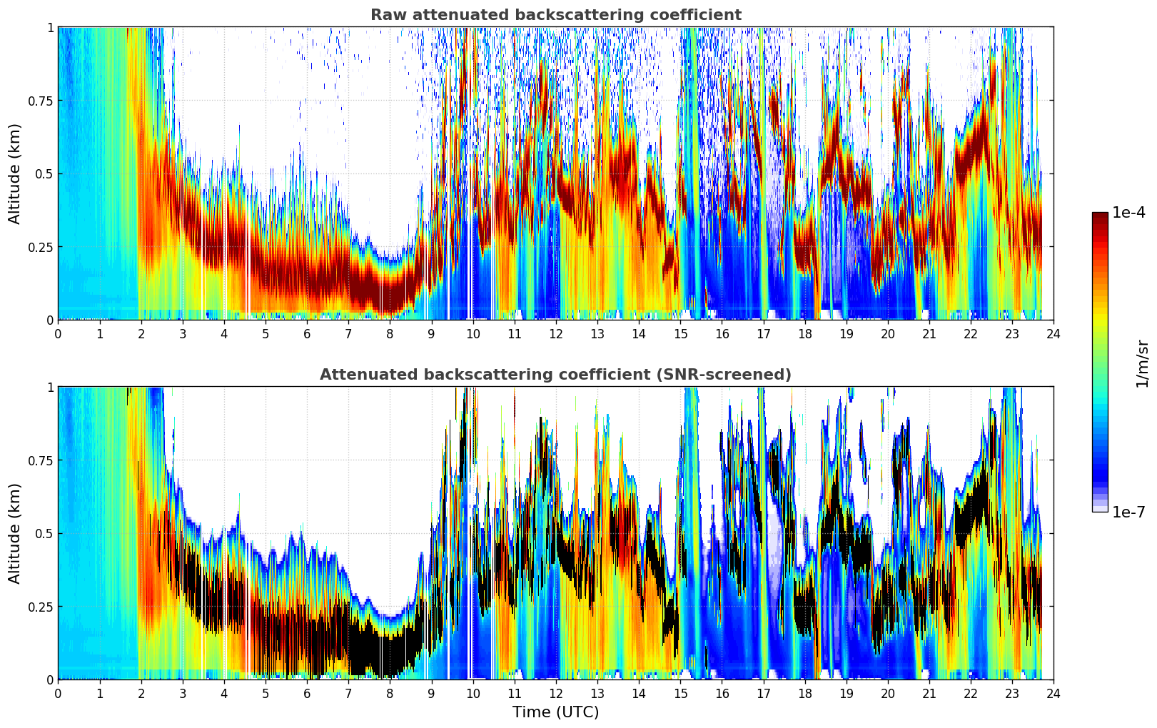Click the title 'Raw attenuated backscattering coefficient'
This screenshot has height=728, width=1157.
tap(555, 15)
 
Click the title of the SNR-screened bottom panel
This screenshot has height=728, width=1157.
tap(555, 375)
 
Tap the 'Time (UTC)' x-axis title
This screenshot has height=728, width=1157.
tap(555, 712)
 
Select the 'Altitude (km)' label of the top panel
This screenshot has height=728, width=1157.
tap(15, 173)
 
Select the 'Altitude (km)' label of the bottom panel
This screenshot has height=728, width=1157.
tap(15, 533)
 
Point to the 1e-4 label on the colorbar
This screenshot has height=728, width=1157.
tap(1128, 213)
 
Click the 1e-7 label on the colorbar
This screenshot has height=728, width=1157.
tap(1128, 512)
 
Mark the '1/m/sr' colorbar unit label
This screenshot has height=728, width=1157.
tap(1142, 363)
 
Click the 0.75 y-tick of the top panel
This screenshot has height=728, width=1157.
tap(40, 101)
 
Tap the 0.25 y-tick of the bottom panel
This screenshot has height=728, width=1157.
tap(40, 607)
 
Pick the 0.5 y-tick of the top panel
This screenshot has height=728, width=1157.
tap(44, 174)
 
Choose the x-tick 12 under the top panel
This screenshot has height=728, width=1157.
tap(555, 334)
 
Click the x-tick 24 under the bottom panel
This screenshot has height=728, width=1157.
tap(1054, 694)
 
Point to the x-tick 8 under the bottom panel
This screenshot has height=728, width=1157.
tap(390, 694)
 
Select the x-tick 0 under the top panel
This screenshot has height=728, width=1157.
tap(58, 334)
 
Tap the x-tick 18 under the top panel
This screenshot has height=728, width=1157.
tap(804, 334)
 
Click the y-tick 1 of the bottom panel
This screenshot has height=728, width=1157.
tap(50, 388)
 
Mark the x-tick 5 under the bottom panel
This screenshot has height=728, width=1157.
tap(266, 694)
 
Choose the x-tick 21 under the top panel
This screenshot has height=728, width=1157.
tap(929, 334)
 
